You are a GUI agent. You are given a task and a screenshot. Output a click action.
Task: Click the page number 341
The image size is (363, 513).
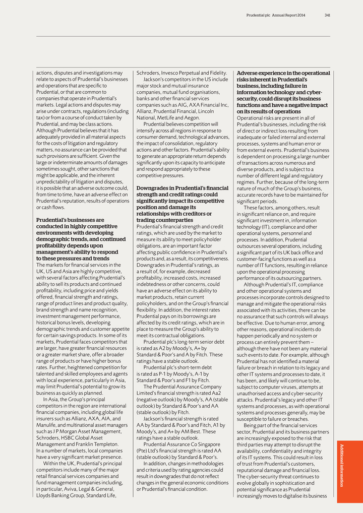(x=327, y=15)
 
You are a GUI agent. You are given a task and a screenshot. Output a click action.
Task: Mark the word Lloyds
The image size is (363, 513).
(x=44, y=495)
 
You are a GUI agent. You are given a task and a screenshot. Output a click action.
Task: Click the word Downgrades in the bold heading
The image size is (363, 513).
(x=153, y=188)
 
